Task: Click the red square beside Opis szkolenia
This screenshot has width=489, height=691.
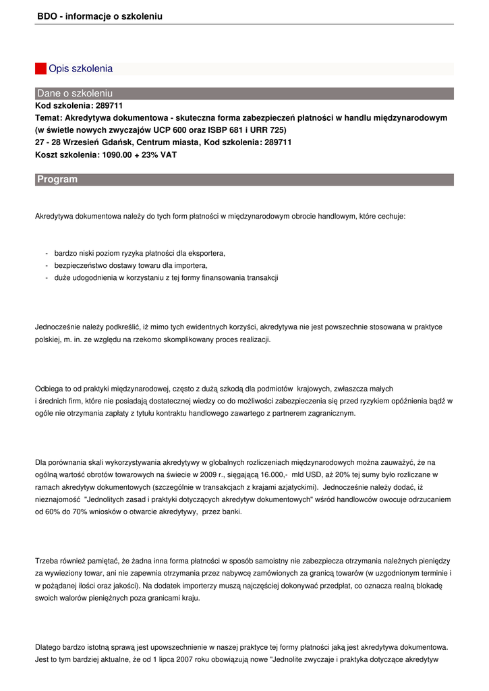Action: (x=40, y=68)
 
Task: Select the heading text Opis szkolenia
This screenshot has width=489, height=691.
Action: (x=80, y=68)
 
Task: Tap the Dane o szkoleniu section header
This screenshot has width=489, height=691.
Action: (x=75, y=93)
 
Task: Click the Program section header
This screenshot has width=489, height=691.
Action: (x=57, y=179)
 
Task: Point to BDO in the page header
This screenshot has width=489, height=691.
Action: (x=47, y=16)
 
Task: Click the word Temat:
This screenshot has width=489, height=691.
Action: (x=49, y=117)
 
